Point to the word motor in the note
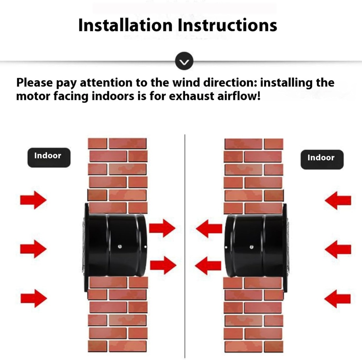point(33,96)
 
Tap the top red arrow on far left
point(33,200)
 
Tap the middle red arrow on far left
point(33,248)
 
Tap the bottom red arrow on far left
point(33,298)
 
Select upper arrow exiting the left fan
point(162,228)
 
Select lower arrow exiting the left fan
point(163,265)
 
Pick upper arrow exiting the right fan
point(209,229)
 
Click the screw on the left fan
point(121,247)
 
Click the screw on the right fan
point(251,247)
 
